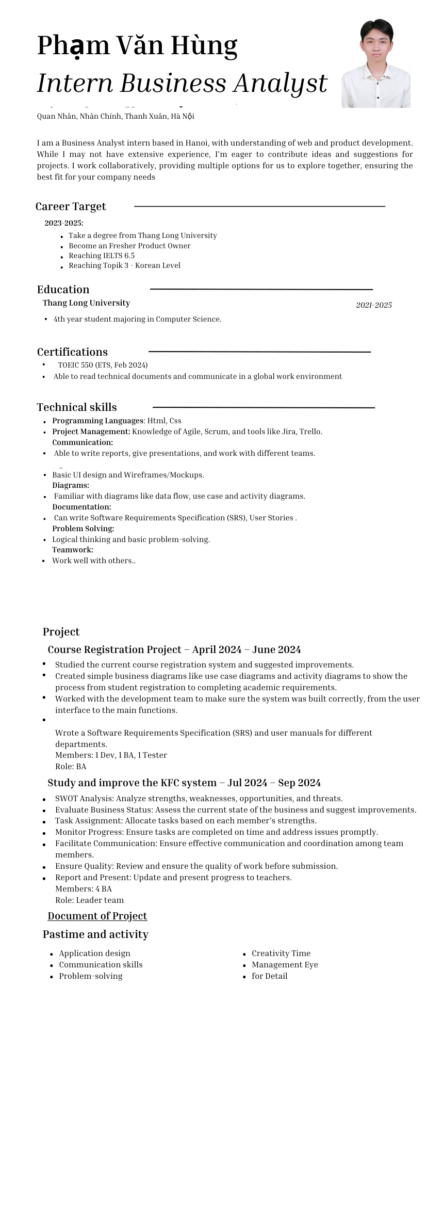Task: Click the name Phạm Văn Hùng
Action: tap(137, 45)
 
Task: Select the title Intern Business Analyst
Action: tap(182, 83)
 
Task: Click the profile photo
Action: tap(376, 63)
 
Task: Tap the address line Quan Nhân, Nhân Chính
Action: tap(116, 117)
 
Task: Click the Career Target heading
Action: tap(71, 206)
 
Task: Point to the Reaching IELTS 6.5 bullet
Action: tap(102, 256)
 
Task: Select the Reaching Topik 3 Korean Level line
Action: tap(124, 265)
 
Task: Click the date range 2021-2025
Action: tap(374, 305)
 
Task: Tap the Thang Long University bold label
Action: tap(86, 303)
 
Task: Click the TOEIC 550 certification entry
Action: tap(103, 365)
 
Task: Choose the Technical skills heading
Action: tap(77, 407)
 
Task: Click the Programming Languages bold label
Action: tap(97, 421)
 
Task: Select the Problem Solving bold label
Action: tap(83, 529)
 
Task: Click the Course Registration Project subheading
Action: tap(174, 649)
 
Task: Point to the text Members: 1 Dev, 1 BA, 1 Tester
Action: tap(111, 755)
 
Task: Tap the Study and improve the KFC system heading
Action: tap(184, 783)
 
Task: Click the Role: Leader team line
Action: tap(90, 900)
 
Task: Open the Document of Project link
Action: tap(97, 916)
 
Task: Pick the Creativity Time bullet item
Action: tap(281, 953)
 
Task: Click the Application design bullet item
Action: tap(94, 953)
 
